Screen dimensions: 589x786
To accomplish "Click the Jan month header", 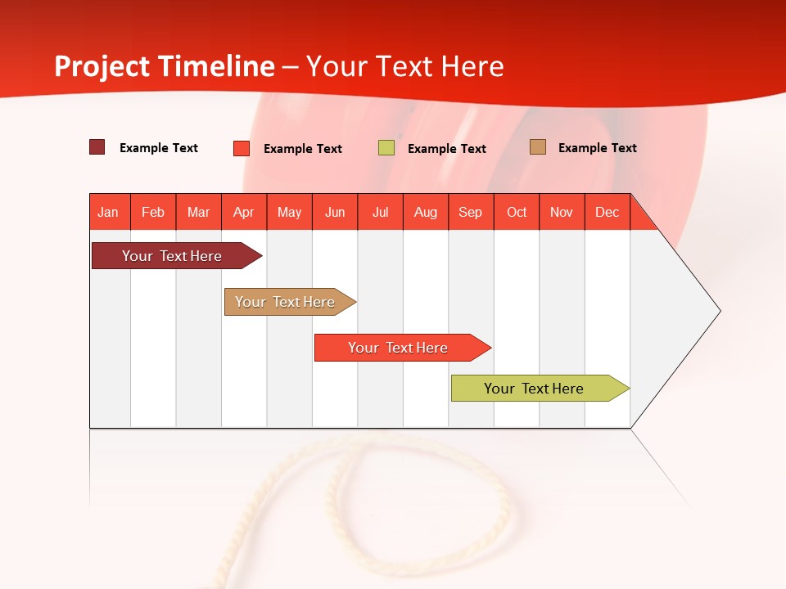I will click(x=109, y=212).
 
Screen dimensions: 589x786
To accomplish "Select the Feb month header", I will click(x=153, y=212).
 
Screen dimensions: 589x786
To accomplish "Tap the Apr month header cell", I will click(x=244, y=212).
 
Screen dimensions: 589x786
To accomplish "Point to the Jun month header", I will click(x=335, y=212).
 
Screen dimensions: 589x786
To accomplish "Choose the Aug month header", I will click(x=426, y=212).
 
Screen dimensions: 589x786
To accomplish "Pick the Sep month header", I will click(x=471, y=212).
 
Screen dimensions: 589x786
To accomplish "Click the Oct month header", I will click(x=517, y=212).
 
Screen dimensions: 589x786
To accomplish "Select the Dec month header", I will click(x=607, y=212).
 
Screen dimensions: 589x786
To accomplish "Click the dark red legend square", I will click(x=97, y=147).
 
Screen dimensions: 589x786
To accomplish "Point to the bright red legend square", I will click(x=242, y=148).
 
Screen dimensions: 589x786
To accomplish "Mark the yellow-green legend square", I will click(x=386, y=148).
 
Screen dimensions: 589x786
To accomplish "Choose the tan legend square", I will click(x=537, y=147).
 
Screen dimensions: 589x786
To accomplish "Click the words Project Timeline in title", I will click(x=165, y=66).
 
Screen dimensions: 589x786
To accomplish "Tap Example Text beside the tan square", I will click(x=598, y=148).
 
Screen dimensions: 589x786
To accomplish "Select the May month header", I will click(x=289, y=212).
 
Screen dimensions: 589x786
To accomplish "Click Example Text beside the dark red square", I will click(x=159, y=148).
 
